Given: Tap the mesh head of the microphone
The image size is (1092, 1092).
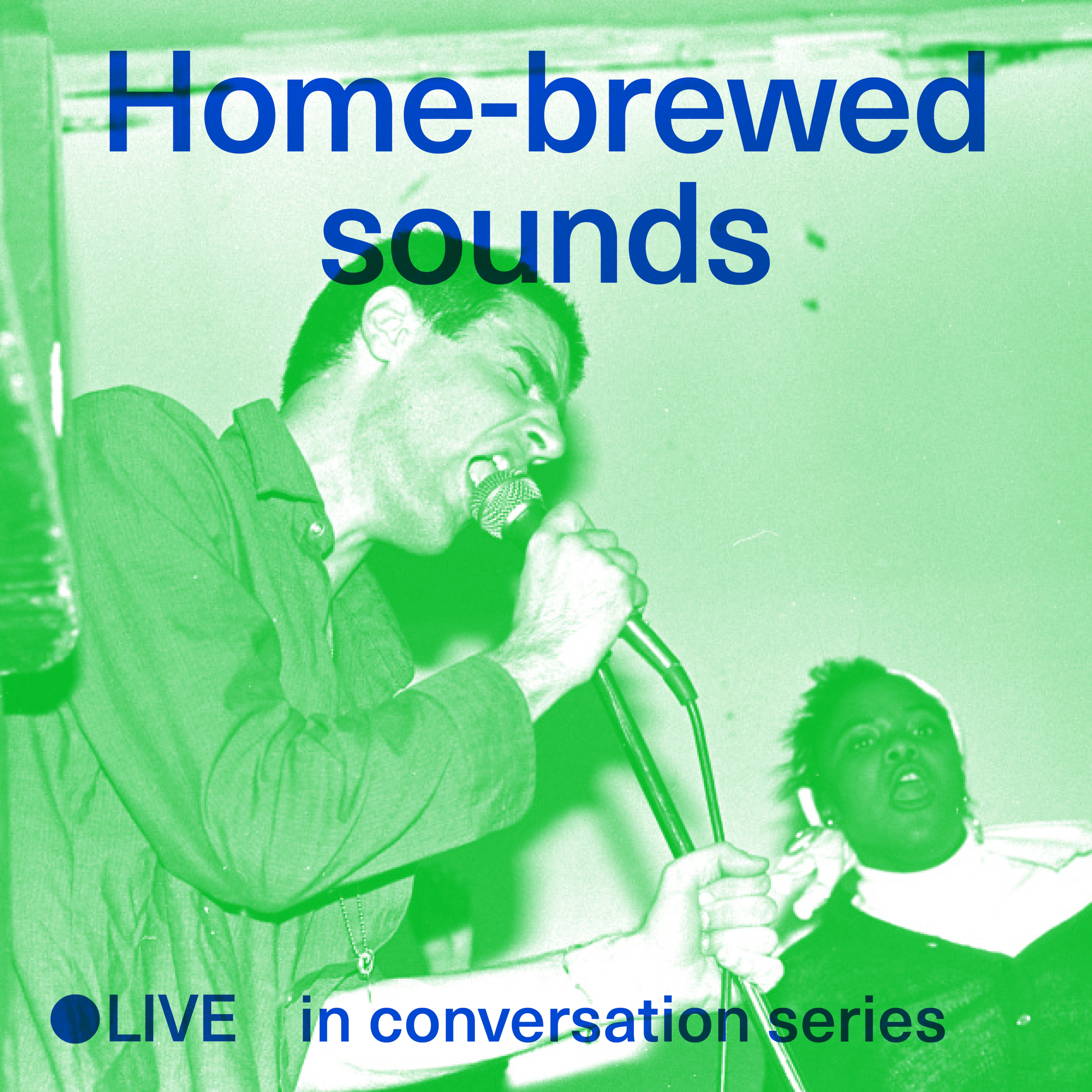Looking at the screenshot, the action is point(506,506).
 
